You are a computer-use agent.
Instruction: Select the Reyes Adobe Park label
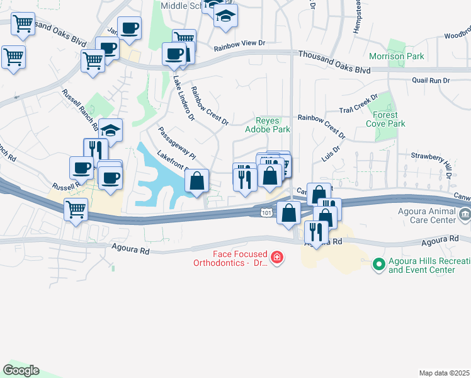[x=273, y=125]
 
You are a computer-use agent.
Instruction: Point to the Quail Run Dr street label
[x=431, y=81]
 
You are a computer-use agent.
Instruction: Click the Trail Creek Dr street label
[x=357, y=105]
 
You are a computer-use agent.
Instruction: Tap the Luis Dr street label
[x=331, y=154]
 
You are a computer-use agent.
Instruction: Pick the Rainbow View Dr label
[x=240, y=47]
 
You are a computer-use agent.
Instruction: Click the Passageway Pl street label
[x=178, y=143]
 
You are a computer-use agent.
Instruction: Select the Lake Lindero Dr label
[x=183, y=98]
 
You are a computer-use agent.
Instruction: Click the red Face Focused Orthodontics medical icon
[x=276, y=257]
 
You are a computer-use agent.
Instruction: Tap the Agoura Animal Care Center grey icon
[x=465, y=215]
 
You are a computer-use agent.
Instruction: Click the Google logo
[x=21, y=370]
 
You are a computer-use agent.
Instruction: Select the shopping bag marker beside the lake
[x=198, y=181]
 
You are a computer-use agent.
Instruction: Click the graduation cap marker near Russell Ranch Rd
[x=111, y=130]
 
